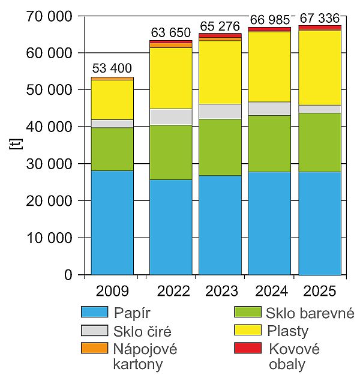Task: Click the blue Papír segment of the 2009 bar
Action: (x=112, y=223)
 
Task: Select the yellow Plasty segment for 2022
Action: (x=171, y=78)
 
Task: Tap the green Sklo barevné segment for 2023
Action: (x=220, y=147)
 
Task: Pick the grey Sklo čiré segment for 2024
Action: (x=269, y=109)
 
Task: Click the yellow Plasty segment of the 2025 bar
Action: (x=320, y=68)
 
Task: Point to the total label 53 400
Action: (x=112, y=68)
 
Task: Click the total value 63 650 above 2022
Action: (x=171, y=32)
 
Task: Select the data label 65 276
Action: (x=220, y=26)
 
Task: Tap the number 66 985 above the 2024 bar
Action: (x=270, y=20)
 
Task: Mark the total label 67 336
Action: (x=319, y=18)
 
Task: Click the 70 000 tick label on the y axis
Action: (x=49, y=17)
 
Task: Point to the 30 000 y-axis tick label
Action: (x=49, y=164)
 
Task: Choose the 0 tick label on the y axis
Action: (x=68, y=275)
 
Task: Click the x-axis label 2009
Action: (x=112, y=291)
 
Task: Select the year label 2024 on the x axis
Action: (x=271, y=291)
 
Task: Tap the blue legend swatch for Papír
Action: (x=94, y=312)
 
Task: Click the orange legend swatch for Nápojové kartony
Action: (x=94, y=348)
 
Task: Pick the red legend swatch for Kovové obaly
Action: (x=248, y=348)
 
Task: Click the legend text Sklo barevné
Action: (x=310, y=313)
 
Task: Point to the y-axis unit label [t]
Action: (x=16, y=144)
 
